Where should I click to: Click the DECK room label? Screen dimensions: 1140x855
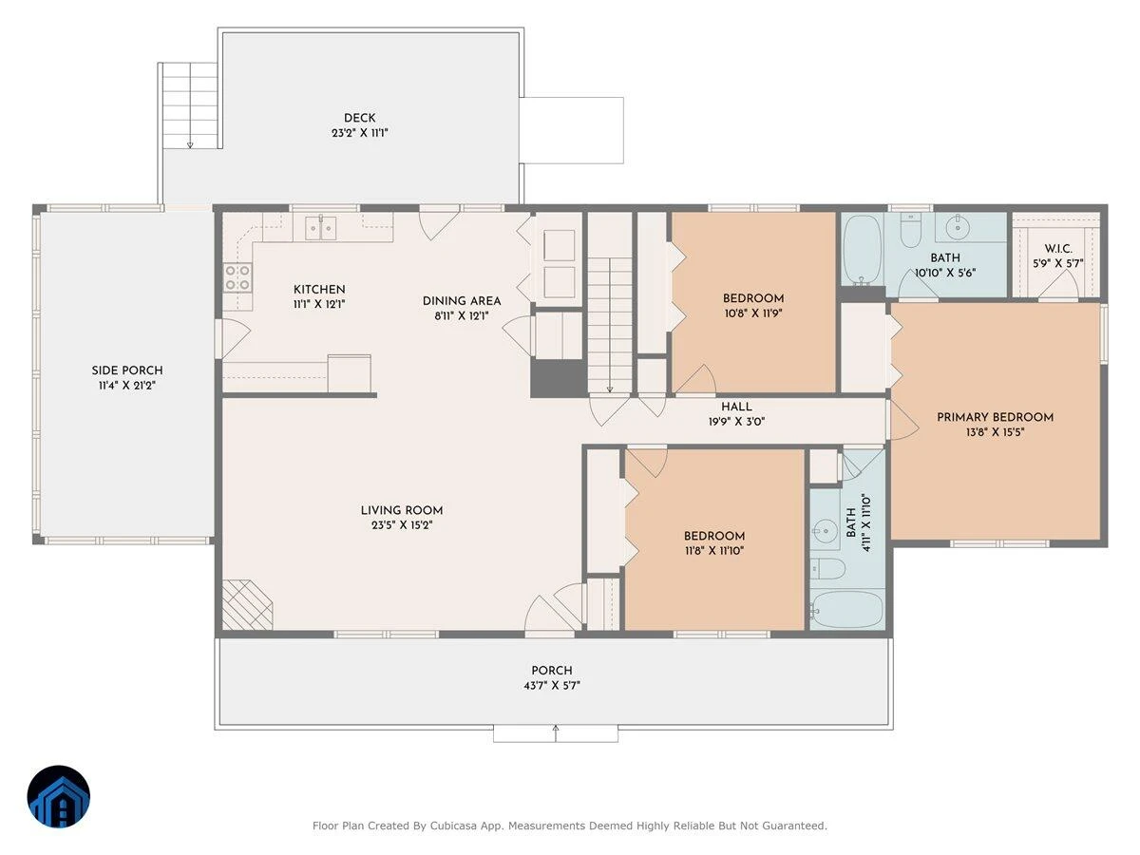359,118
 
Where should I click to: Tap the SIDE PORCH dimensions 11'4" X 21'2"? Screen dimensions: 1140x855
127,385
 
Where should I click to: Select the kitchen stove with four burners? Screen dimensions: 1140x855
237,277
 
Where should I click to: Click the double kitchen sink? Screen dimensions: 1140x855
320,228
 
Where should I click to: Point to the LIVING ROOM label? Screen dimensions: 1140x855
402,510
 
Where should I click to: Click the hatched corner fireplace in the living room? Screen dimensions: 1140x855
245,605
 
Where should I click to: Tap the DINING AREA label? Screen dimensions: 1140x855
461,300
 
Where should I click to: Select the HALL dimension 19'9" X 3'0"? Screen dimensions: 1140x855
736,421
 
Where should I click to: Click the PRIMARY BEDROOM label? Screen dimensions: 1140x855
995,417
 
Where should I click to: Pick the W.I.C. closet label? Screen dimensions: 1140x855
1058,249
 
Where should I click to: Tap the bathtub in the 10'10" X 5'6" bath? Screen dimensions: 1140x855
863,250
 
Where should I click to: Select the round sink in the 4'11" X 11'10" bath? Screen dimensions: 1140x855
824,530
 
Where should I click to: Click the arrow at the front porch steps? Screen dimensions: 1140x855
555,733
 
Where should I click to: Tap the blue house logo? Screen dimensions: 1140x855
59,796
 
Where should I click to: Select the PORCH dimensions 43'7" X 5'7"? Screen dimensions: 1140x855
552,685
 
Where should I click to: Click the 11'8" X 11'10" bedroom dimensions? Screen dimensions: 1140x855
714,550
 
